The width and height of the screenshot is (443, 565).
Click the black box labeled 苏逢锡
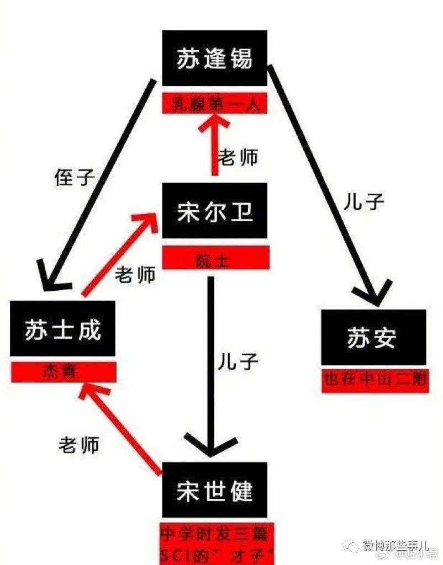214,58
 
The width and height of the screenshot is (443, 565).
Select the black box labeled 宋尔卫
214,211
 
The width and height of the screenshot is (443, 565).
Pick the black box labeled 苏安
373,337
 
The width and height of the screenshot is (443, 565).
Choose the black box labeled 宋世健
214,490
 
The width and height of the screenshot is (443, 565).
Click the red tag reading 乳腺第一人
214,103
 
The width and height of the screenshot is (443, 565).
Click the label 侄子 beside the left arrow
75,177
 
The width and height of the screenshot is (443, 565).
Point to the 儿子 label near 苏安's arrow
363,202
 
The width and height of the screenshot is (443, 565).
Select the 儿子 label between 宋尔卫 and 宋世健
238,361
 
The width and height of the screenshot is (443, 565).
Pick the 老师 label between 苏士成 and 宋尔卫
135,274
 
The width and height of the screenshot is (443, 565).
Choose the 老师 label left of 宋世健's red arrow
79,444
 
